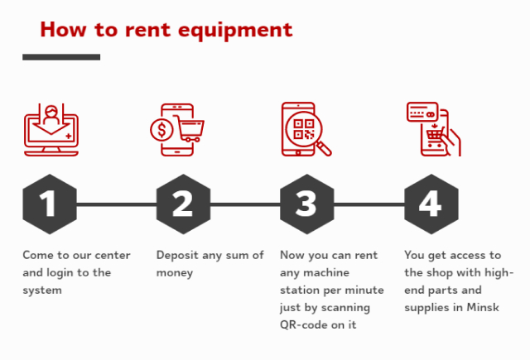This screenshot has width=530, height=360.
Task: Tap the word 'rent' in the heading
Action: coord(169,30)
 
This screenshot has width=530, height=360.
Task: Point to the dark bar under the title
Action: coord(61,57)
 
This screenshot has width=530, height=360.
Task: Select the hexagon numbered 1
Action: coord(49,204)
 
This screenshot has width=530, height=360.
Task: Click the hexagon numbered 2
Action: coord(182,204)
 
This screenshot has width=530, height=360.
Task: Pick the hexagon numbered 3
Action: coord(306,204)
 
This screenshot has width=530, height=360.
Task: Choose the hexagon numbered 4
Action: coord(431,204)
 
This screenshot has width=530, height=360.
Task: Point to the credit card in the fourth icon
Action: coord(422,113)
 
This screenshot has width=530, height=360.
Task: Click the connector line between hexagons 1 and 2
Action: coord(116,204)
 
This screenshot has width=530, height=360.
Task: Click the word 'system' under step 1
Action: coord(43,290)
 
